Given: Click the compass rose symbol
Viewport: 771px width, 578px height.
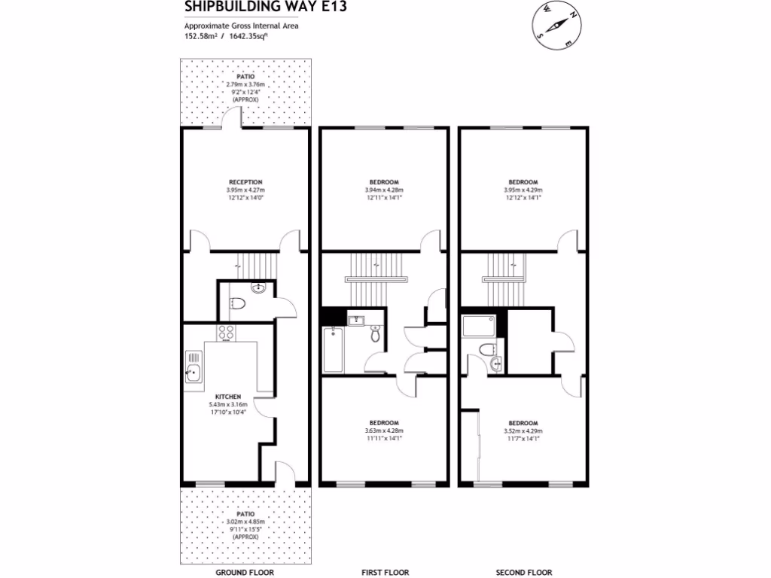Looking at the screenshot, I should coord(559,23).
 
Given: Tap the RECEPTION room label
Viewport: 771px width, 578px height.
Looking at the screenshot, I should coord(245,182).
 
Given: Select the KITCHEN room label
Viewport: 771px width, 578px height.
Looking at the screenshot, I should coord(227,397).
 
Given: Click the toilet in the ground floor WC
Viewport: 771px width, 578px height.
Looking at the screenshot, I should coord(238,304).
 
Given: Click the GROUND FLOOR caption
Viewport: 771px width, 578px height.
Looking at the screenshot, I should coord(245,572).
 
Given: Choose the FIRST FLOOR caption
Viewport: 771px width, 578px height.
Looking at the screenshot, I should coord(385,572).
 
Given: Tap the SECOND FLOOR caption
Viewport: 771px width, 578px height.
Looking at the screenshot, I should coord(523,572).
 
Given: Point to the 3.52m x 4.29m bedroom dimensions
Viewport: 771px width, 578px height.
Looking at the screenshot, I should coord(523,430).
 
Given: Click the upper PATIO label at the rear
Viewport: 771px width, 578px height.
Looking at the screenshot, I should coord(245,77).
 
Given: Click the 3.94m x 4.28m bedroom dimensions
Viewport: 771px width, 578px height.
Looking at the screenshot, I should coord(384,190).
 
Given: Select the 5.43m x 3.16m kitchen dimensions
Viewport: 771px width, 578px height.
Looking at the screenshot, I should coord(227,404).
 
